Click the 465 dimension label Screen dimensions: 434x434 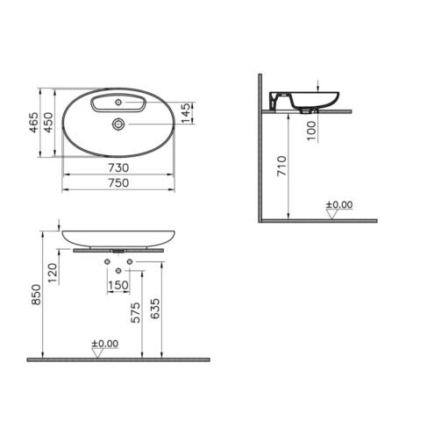pos(34,122)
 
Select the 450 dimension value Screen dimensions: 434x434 pos(48,122)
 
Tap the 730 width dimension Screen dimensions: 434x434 pos(118,167)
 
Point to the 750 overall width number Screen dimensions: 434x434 pos(118,183)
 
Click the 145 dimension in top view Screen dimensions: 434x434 pos(186,113)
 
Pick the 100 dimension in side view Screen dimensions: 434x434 pos(311,131)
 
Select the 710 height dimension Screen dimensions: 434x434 pos(282,166)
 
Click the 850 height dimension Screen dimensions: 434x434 pos(37,295)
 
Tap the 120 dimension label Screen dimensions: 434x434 pos(53,273)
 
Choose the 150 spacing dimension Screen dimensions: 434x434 pos(118,285)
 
